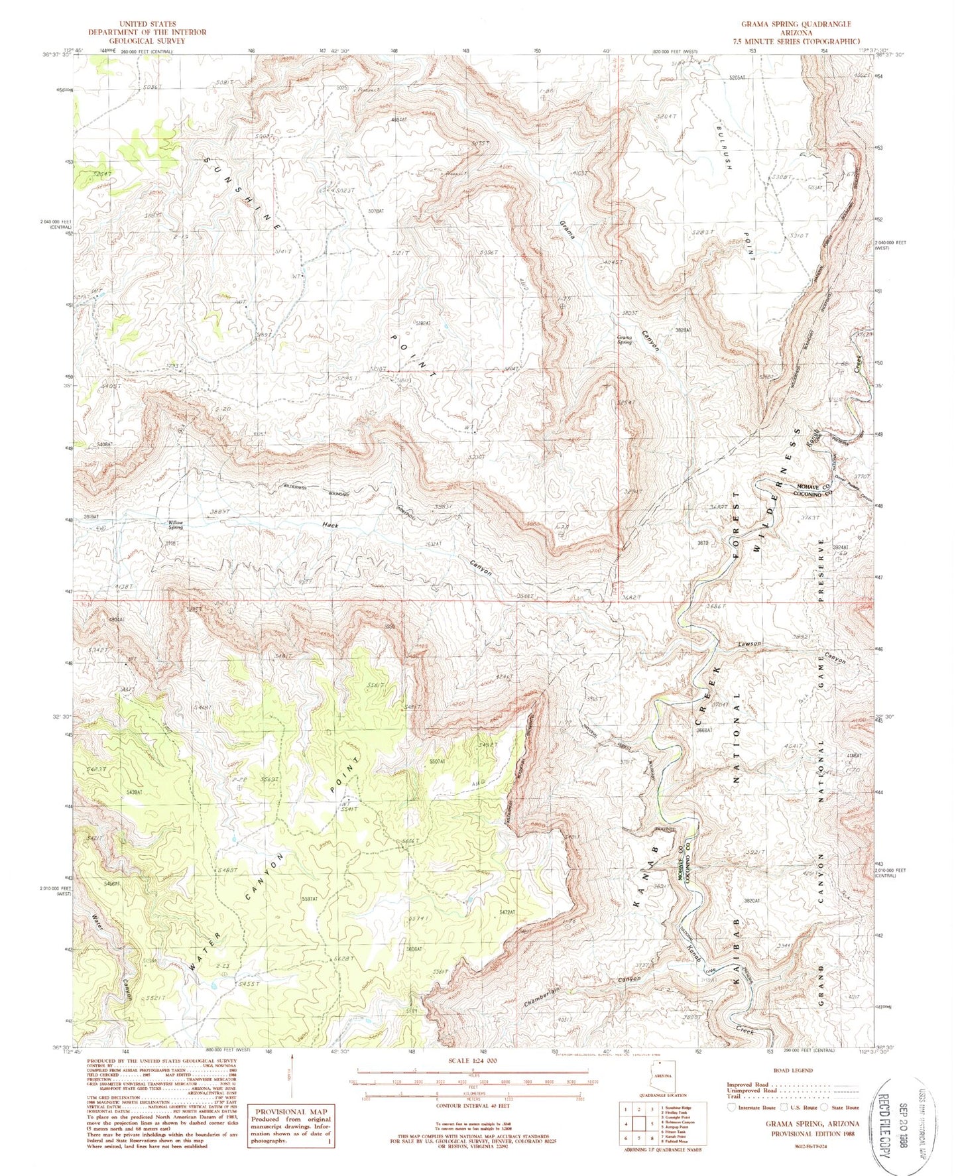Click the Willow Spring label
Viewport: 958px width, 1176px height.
click(x=175, y=524)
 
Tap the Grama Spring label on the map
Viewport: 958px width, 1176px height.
click(x=624, y=339)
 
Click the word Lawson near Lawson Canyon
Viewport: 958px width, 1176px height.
click(x=748, y=644)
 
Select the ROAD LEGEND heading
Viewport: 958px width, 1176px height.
click(x=793, y=1070)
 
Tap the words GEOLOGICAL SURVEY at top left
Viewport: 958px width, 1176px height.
click(x=147, y=40)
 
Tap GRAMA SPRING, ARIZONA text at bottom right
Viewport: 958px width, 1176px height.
click(x=812, y=1124)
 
